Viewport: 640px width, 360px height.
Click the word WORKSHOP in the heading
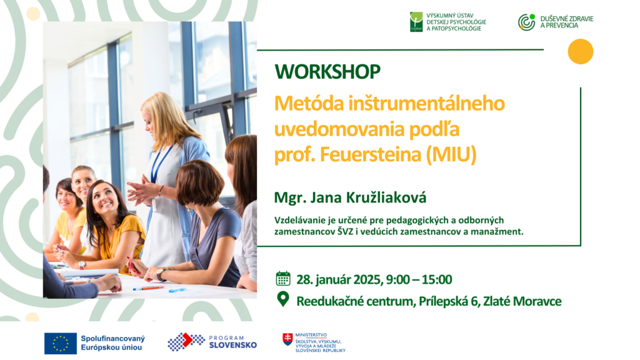327,71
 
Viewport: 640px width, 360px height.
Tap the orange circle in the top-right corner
581,51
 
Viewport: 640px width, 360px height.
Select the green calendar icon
283,278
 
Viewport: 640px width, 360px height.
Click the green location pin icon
283,299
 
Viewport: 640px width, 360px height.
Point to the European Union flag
61,343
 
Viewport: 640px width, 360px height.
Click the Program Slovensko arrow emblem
186,342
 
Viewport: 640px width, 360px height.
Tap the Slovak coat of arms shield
287,339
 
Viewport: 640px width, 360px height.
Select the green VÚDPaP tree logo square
416,22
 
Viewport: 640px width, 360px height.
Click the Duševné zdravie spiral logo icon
526,22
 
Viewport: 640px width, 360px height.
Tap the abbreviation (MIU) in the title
451,155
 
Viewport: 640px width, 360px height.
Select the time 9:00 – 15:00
419,279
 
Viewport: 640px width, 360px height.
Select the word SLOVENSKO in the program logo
233,345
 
